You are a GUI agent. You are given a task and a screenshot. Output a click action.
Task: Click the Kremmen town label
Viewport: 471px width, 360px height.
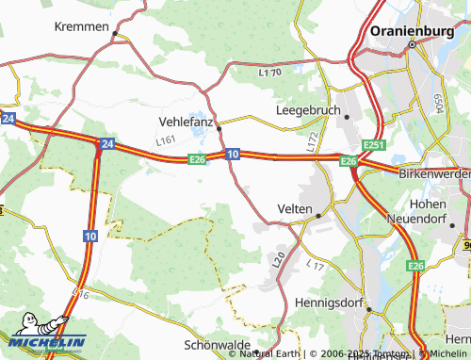[82, 26]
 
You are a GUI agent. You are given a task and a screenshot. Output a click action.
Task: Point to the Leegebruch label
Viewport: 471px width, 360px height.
[306, 110]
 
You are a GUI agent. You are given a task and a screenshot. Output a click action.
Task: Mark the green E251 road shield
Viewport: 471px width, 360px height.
[375, 144]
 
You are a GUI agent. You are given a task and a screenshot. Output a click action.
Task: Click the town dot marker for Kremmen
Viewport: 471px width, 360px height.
[115, 35]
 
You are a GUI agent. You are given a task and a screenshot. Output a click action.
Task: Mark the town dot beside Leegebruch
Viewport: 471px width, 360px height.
[347, 116]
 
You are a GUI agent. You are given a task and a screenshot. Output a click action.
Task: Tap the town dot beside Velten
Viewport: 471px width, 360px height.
[318, 215]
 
